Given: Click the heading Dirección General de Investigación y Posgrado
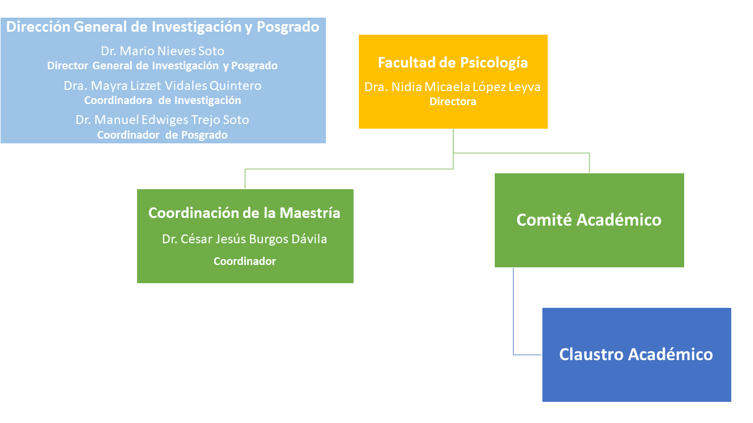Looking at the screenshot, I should (x=163, y=27).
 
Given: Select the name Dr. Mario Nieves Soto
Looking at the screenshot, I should (x=162, y=52).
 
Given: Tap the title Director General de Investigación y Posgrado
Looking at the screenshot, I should (x=162, y=66).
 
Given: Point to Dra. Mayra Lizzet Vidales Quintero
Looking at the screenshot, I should (x=162, y=86).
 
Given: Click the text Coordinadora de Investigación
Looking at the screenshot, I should (x=162, y=100).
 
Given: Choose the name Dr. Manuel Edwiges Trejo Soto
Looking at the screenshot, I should (x=162, y=120).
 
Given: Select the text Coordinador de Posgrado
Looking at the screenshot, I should (x=162, y=135).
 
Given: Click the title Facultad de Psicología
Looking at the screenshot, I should (x=453, y=63).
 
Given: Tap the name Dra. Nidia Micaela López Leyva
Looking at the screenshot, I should (x=453, y=88).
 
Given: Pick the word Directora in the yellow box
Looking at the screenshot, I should (x=453, y=102).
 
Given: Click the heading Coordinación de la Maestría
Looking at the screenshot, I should (x=245, y=213).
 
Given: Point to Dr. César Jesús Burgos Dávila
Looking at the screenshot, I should (x=245, y=240).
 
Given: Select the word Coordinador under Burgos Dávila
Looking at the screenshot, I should (x=245, y=261).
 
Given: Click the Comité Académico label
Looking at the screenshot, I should (x=589, y=220).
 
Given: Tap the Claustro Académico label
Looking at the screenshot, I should (x=636, y=355).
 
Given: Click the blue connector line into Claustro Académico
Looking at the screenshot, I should (x=514, y=311).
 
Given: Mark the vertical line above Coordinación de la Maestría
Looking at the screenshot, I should (x=245, y=179).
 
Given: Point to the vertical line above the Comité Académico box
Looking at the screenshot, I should (x=589, y=163).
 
